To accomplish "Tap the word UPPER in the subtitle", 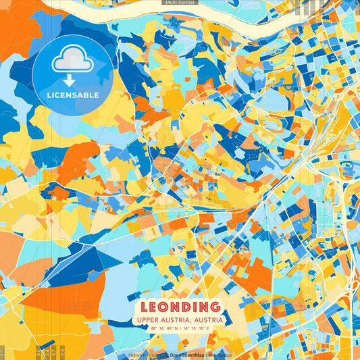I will tap(148, 319).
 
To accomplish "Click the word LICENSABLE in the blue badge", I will tap(72, 95).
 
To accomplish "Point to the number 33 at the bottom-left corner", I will tap(3, 353).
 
